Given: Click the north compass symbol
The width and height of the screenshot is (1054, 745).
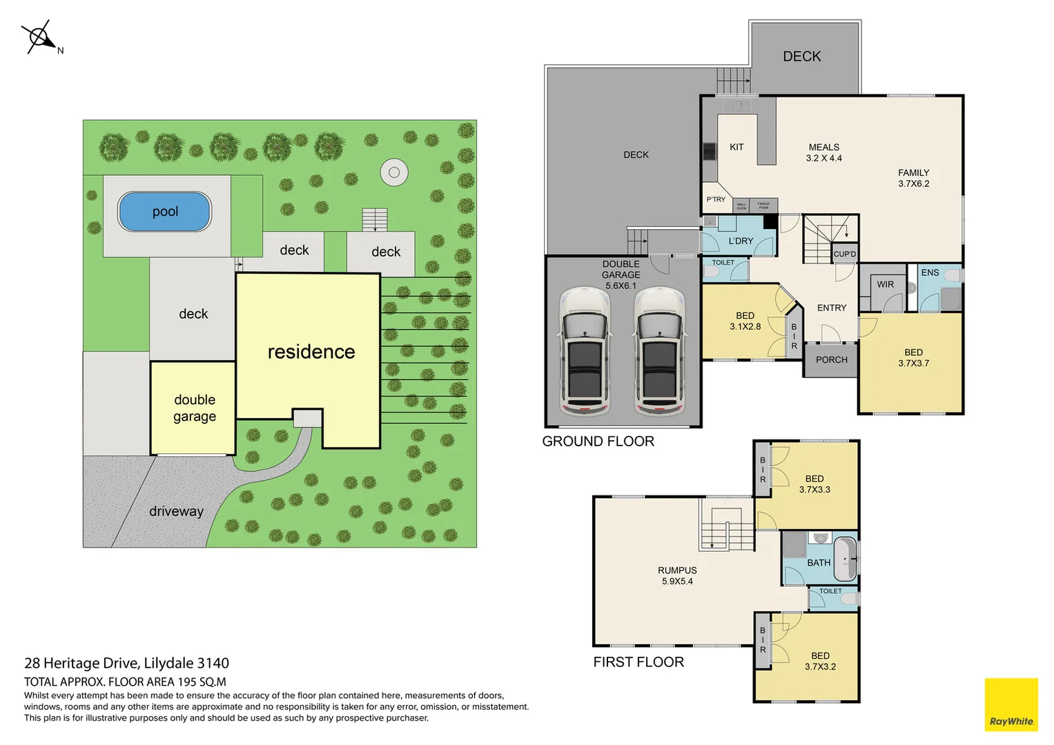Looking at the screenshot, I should (x=40, y=37).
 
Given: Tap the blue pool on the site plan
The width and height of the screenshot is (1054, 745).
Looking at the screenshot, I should (x=165, y=212).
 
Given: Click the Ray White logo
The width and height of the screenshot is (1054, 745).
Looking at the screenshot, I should (x=1011, y=704).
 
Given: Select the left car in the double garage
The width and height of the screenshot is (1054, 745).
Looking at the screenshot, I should (x=585, y=352).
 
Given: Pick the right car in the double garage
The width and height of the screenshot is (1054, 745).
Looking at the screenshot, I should (x=659, y=352).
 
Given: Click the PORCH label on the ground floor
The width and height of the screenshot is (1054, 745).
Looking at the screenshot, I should (x=831, y=360).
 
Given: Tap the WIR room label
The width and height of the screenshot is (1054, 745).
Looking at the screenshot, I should (x=885, y=284).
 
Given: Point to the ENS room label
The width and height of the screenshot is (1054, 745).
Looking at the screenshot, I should (x=930, y=272).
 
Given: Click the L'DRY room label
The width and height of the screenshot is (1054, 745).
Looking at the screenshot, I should (x=741, y=241).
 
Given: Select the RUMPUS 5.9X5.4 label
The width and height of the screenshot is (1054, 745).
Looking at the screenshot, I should (x=677, y=576).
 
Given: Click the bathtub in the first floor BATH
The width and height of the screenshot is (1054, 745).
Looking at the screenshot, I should (x=845, y=559).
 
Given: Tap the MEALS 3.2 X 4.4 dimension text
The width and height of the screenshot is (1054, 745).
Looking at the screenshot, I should (x=823, y=158).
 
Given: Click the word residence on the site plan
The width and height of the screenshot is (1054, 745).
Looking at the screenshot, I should (x=311, y=352).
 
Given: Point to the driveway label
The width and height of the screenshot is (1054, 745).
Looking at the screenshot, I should (x=176, y=511).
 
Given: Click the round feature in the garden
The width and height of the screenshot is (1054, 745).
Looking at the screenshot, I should (x=394, y=172).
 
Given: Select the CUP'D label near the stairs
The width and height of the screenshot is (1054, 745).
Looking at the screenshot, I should (x=844, y=254).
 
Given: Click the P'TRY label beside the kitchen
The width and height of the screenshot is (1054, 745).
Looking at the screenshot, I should (x=716, y=199).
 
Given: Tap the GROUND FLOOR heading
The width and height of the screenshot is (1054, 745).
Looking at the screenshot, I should (x=598, y=441).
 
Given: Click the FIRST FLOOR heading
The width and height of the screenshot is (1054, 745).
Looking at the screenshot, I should (x=638, y=662).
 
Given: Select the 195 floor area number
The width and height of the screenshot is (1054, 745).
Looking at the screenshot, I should (x=187, y=682).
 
